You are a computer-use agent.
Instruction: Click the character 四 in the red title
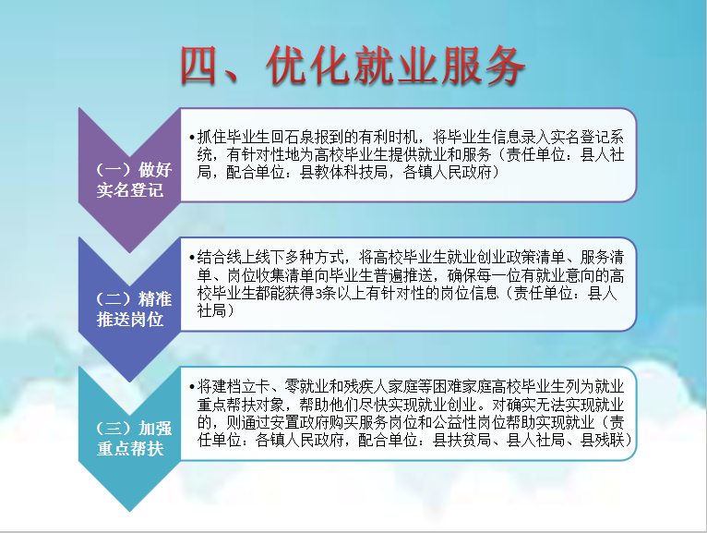coord(198,66)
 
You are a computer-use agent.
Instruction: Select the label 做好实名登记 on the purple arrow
coord(134,179)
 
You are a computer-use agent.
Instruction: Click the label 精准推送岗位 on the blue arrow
coord(134,309)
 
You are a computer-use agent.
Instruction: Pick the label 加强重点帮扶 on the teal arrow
coord(134,438)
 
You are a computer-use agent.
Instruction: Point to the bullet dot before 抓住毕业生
coord(192,138)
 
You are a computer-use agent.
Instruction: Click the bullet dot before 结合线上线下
coord(192,258)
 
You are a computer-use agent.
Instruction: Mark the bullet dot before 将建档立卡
coord(192,387)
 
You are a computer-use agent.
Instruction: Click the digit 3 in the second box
coord(318,294)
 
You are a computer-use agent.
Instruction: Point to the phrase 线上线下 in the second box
coord(256,257)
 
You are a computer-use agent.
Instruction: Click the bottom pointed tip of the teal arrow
coord(130,512)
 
